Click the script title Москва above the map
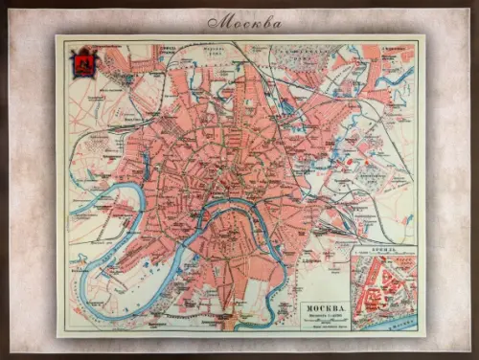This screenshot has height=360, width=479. pos(243,21)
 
